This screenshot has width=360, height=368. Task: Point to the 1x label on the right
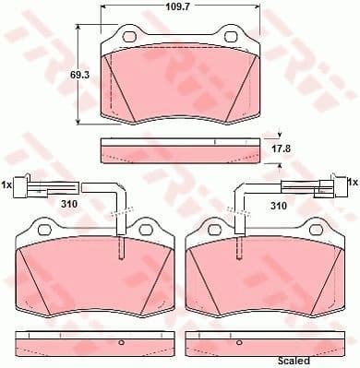pyautogui.click(x=351, y=182)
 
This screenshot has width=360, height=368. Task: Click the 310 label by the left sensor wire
pyautogui.click(x=68, y=204)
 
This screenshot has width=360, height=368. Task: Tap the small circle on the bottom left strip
pyautogui.click(x=122, y=343)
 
